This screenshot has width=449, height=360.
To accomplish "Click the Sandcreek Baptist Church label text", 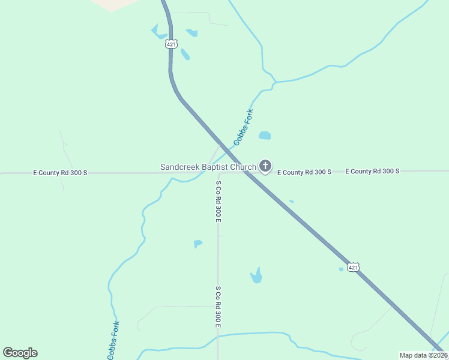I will point(208,167).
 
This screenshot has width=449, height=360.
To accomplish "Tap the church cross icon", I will point(265,166).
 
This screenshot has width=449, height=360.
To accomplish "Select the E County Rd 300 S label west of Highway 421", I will point(60,173).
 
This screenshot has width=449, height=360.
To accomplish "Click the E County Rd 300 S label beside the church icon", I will point(304,172).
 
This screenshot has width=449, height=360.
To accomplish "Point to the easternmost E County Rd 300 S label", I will point(372,171).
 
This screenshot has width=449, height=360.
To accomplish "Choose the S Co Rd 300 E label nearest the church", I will point(219,201).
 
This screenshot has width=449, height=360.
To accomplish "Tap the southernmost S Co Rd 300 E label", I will point(218,307).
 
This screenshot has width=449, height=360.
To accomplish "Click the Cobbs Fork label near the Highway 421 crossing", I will point(244,127).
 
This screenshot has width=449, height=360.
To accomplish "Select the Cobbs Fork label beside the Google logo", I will point(113,340).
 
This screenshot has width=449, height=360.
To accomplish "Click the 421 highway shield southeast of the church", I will point(354,267).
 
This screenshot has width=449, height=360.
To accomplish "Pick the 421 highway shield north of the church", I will point(172,44).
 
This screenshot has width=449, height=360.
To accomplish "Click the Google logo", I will point(20,353).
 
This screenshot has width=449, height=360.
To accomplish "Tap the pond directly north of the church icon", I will point(265,136).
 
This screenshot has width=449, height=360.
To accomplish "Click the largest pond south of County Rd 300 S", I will point(257,276).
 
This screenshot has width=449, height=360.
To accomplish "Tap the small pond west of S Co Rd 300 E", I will point(197,244).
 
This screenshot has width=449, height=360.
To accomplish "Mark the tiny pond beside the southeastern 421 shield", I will point(341,269).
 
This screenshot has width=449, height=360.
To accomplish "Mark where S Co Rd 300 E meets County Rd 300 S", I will point(218,173).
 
